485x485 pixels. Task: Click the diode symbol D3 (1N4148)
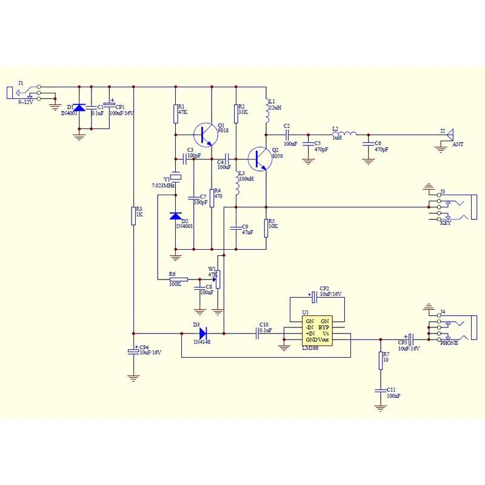(x=202, y=333)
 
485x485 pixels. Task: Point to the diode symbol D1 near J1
(x=79, y=108)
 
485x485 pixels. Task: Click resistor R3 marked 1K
(x=133, y=215)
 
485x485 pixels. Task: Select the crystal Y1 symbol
(x=175, y=177)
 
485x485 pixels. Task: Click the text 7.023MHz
(x=163, y=185)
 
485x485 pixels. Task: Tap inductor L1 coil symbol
(x=266, y=112)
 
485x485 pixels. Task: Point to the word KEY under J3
(x=446, y=222)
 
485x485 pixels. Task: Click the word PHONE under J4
(x=449, y=343)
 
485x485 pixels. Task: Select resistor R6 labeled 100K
(x=179, y=279)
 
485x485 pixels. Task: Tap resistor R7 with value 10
(x=381, y=361)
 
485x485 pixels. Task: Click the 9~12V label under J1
(x=25, y=102)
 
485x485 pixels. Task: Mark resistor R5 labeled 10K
(x=266, y=228)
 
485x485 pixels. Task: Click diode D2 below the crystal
(x=175, y=216)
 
